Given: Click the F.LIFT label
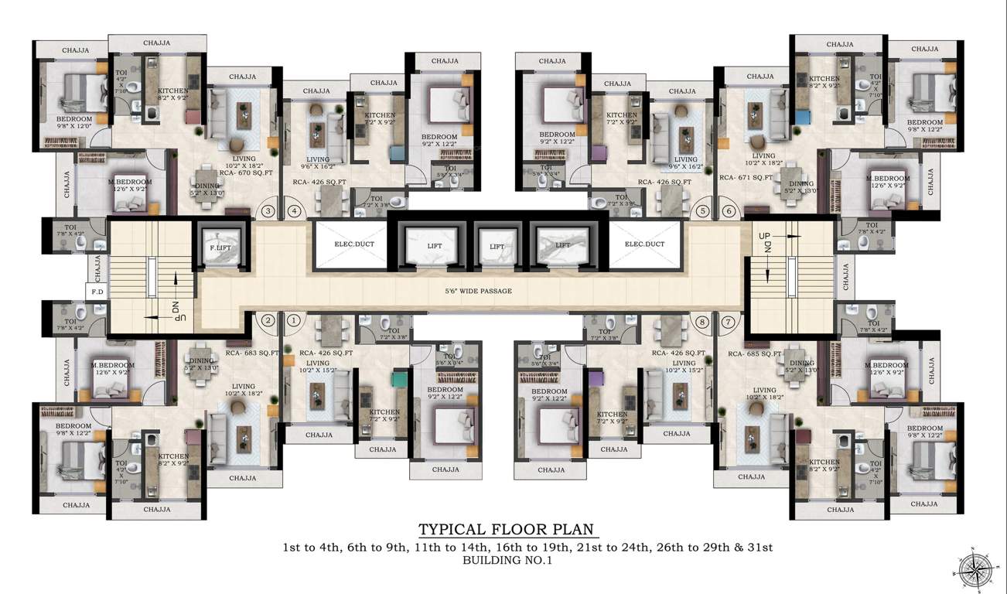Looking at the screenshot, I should (x=220, y=248).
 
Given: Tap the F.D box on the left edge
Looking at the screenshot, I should (x=97, y=292).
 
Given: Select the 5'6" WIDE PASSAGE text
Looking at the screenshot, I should (x=478, y=291).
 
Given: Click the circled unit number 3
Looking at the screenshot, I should (x=268, y=210).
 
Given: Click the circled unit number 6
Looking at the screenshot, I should (x=727, y=210).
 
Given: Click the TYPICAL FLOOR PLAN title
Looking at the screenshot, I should (x=507, y=530).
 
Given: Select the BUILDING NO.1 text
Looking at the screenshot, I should (x=507, y=562).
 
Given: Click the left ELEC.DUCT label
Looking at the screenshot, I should (x=348, y=244).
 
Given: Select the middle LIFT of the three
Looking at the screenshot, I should (x=497, y=247).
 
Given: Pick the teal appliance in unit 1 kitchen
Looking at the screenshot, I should (x=399, y=380).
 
